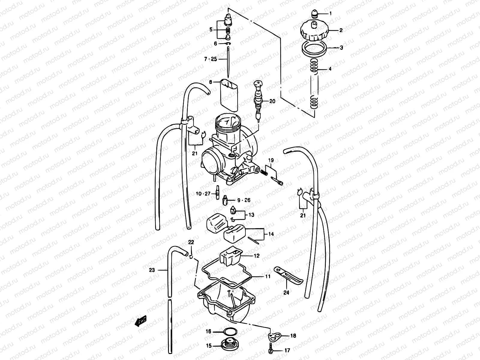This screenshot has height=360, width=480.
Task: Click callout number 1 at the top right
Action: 331,13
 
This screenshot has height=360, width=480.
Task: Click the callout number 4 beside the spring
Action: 330,69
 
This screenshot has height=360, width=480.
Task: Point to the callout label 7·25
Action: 210,59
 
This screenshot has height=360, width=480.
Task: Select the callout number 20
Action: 272,101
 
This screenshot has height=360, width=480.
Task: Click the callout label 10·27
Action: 203,194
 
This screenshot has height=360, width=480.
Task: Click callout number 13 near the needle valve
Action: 251,215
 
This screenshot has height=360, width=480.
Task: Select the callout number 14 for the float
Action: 271,234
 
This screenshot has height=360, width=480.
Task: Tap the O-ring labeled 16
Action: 230,332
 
